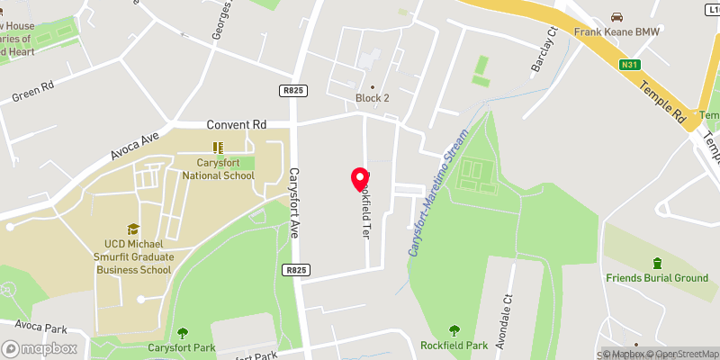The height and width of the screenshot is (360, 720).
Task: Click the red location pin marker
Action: [360, 179]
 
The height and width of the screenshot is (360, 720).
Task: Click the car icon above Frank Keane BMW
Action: [616, 17]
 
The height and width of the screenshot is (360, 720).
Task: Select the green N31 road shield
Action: [629, 64]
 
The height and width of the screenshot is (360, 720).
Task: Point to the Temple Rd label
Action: [664, 100]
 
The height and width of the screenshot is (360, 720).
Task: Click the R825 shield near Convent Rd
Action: [292, 90]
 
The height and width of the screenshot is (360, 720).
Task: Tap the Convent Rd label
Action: [237, 124]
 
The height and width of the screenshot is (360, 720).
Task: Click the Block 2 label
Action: [372, 99]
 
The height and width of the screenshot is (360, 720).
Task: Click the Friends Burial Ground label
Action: [657, 278]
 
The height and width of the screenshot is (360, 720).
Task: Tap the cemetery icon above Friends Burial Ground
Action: [657, 263]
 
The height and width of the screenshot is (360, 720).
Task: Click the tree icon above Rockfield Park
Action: [453, 330]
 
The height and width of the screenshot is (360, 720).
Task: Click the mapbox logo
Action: [40, 348]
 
